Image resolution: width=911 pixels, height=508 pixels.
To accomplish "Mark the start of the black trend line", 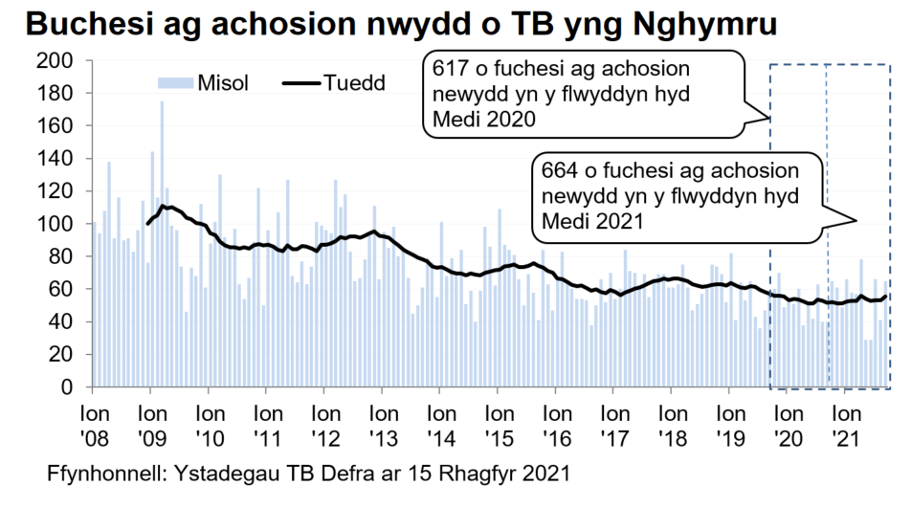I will tap(147, 224).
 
